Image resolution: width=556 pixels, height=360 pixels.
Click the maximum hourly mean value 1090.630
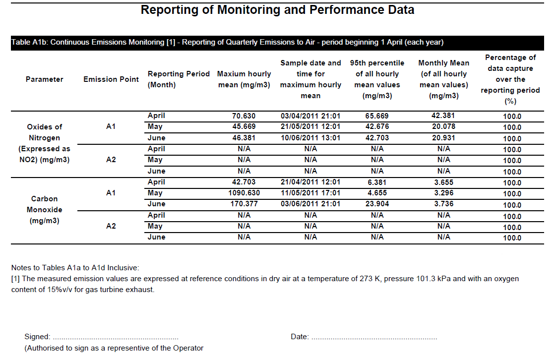[244, 193]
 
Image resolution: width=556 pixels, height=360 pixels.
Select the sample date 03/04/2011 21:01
[310, 116]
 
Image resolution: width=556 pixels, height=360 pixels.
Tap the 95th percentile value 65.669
[377, 116]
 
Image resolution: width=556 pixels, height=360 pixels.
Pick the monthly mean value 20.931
[443, 138]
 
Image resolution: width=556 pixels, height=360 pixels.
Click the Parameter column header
[44, 79]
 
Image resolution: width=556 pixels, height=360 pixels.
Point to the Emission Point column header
[111, 79]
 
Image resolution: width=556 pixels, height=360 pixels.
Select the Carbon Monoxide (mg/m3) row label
[44, 210]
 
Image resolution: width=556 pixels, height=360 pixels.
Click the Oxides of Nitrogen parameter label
[44, 143]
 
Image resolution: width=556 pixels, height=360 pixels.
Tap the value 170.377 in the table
[244, 204]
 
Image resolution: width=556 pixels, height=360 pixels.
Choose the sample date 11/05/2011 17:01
[310, 193]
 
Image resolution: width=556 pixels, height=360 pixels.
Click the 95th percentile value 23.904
[377, 204]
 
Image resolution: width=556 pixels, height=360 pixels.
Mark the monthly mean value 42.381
[443, 116]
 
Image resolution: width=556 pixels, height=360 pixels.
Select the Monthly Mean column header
[443, 79]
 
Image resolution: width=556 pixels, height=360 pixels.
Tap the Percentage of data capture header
[510, 79]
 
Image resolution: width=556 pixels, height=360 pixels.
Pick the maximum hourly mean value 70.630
[244, 116]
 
